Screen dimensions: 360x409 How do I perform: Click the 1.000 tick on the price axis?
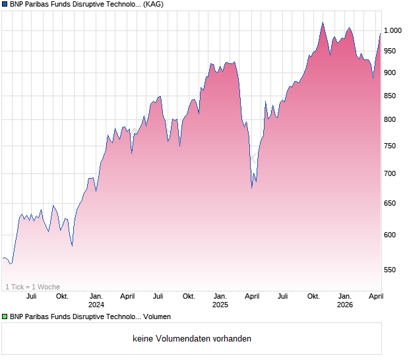click(x=394, y=30)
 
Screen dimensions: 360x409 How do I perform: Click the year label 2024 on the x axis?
click(x=96, y=305)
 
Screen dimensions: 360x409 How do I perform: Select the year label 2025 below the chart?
click(x=220, y=305)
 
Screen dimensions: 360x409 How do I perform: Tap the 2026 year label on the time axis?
click(x=344, y=305)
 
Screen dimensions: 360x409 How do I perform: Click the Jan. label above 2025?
click(x=220, y=297)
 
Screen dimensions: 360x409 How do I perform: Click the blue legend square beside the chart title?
click(x=5, y=5)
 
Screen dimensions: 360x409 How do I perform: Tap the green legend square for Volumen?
click(x=5, y=317)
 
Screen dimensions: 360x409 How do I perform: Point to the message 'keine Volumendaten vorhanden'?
click(x=191, y=339)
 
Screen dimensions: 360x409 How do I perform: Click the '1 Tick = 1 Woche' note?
click(x=32, y=287)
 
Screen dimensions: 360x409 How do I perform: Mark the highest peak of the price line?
click(x=323, y=22)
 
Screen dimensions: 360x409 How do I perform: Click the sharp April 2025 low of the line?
click(x=252, y=188)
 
